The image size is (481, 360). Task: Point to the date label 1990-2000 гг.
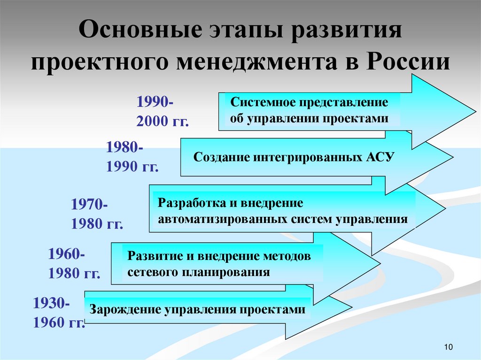162,112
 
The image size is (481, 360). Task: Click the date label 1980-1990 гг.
132,157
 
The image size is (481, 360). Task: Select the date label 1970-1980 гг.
97,214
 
